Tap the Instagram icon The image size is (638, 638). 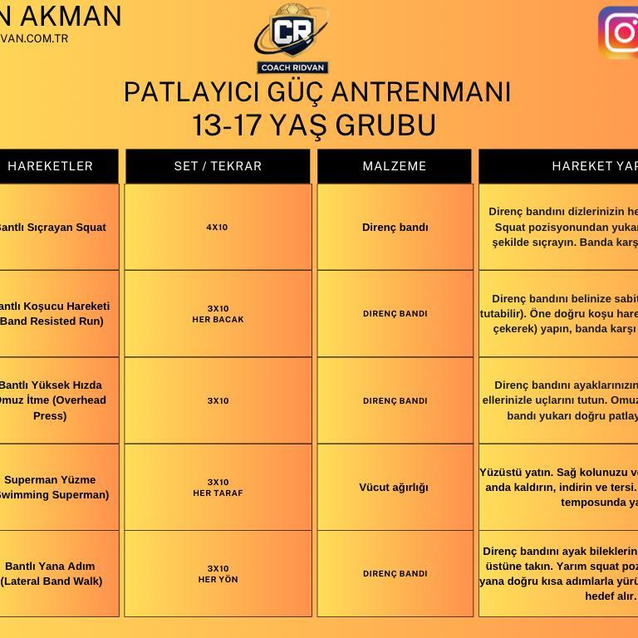(619, 32)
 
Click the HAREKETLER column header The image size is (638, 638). (51, 166)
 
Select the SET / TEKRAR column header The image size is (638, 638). (218, 166)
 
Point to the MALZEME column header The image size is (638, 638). (395, 166)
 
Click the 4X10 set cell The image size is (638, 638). (218, 227)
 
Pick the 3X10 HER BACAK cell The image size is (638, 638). (218, 314)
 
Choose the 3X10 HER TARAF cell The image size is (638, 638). (218, 488)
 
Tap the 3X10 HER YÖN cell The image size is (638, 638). (218, 574)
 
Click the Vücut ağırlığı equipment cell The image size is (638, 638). (394, 488)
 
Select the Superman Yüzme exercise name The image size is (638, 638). (52, 488)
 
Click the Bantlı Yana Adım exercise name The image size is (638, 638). (52, 574)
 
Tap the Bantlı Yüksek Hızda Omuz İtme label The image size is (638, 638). (52, 400)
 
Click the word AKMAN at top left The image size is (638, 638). (70, 16)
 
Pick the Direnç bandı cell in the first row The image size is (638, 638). (395, 227)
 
